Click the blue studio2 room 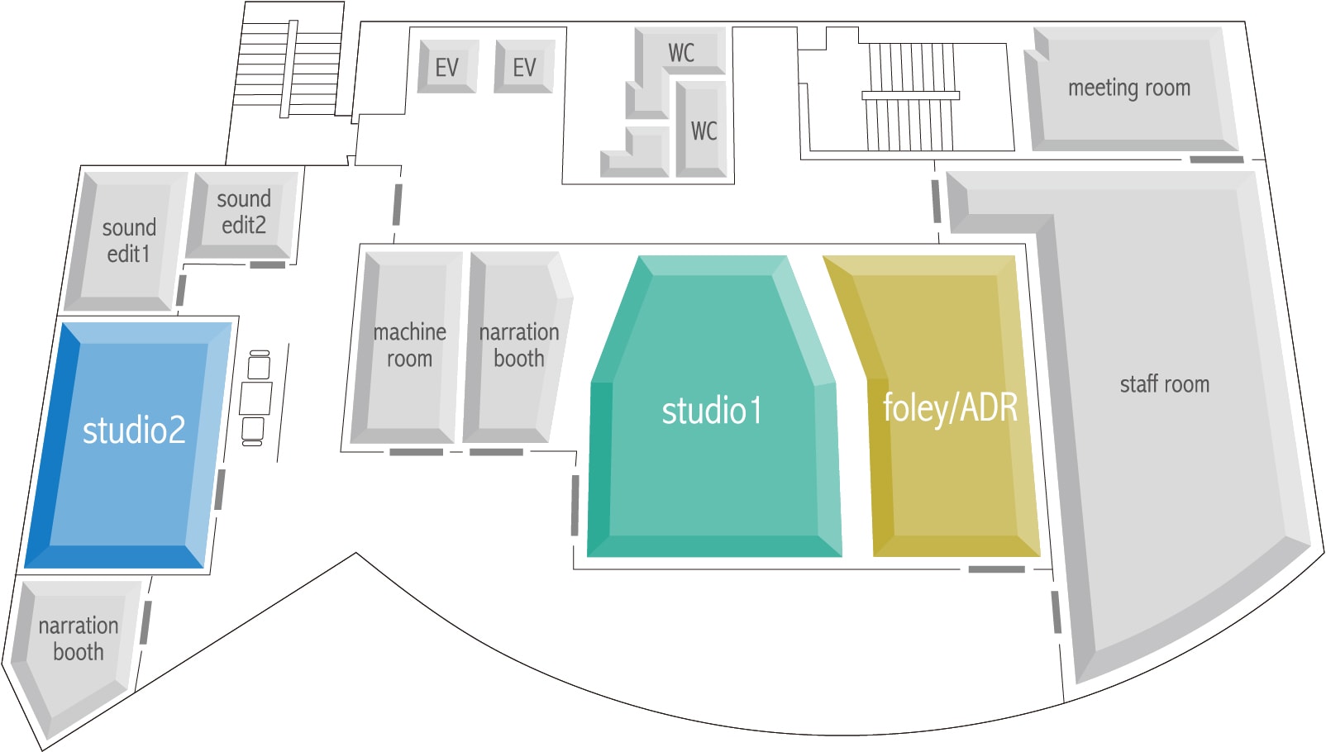tap(128, 445)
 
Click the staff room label tap(1165, 384)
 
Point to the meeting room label tap(1129, 88)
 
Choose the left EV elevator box tap(447, 66)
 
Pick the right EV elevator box tap(524, 66)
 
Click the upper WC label tap(680, 53)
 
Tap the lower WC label tap(704, 131)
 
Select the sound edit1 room tap(124, 240)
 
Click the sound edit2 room tap(243, 214)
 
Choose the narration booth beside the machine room tap(518, 347)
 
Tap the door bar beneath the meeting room tap(1217, 159)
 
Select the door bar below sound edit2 tap(268, 264)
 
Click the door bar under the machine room tap(416, 453)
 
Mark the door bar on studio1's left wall tap(575, 506)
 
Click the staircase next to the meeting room tap(910, 96)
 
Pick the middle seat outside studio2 tap(255, 398)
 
